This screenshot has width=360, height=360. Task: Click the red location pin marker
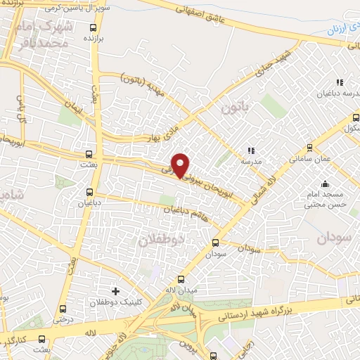click(x=181, y=165)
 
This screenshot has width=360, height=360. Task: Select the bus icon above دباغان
click(x=89, y=191)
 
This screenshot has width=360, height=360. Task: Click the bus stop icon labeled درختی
click(x=63, y=308)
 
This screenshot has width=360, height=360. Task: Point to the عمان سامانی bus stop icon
click(x=310, y=148)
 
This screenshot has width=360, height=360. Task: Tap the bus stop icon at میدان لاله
click(x=181, y=279)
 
